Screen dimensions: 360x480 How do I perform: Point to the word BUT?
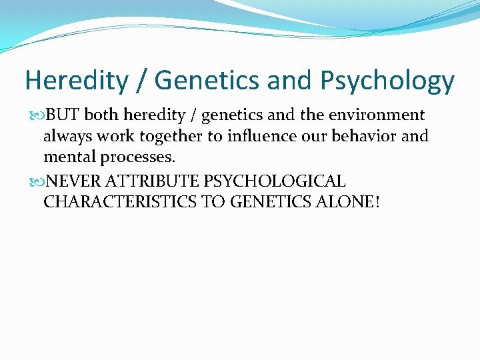64,115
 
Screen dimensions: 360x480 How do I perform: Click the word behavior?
363,137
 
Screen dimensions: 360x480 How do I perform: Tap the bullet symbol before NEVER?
38,181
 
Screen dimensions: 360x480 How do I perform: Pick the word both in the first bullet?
101,115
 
